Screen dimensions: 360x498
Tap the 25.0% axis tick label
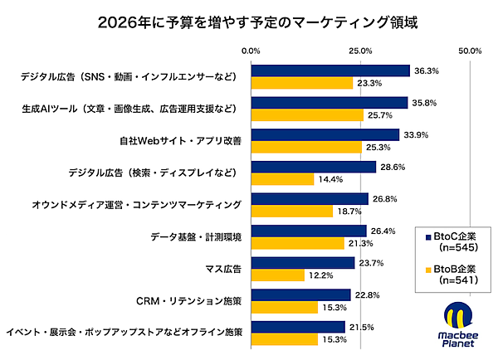tap(360, 51)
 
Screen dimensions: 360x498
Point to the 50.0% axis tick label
tap(470, 51)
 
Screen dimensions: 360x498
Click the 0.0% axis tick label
tap(251, 51)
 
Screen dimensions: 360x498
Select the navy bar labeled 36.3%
tap(330, 71)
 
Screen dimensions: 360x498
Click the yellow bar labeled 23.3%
tap(301, 83)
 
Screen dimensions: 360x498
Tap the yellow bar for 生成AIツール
tap(307, 115)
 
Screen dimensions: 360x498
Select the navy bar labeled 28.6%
tap(313, 167)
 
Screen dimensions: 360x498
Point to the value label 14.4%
tap(327, 179)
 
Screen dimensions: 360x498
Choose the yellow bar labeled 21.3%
tap(297, 243)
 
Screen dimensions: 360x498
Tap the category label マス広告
tap(222, 269)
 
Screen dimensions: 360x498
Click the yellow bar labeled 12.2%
tap(277, 275)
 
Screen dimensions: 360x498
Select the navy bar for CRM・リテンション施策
tap(300, 295)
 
